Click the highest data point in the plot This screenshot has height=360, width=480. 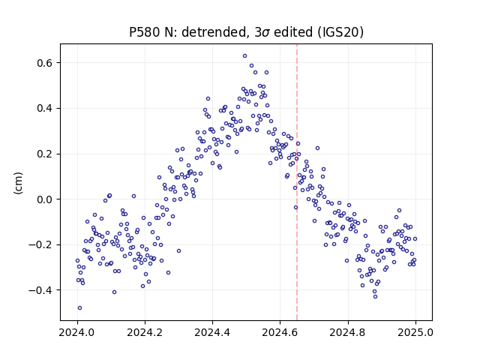(x=245, y=56)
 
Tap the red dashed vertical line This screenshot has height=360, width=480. (x=297, y=182)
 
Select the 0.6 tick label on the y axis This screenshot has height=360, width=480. (x=45, y=63)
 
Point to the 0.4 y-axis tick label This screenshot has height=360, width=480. (x=45, y=108)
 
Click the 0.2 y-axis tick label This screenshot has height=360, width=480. (x=45, y=154)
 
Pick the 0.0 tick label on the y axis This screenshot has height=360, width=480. (x=45, y=199)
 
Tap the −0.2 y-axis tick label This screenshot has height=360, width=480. (x=40, y=245)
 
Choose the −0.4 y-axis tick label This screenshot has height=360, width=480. (x=40, y=290)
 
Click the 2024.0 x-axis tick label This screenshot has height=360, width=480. (x=77, y=332)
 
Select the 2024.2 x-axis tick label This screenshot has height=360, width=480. (x=145, y=332)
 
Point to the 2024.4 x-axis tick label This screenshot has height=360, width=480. (x=212, y=332)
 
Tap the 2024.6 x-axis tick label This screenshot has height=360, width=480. (x=280, y=332)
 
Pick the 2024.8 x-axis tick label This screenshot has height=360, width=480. (x=348, y=332)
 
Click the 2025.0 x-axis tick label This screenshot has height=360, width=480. (x=415, y=332)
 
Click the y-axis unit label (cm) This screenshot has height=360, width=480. (x=18, y=183)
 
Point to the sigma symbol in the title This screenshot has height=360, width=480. (x=266, y=33)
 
